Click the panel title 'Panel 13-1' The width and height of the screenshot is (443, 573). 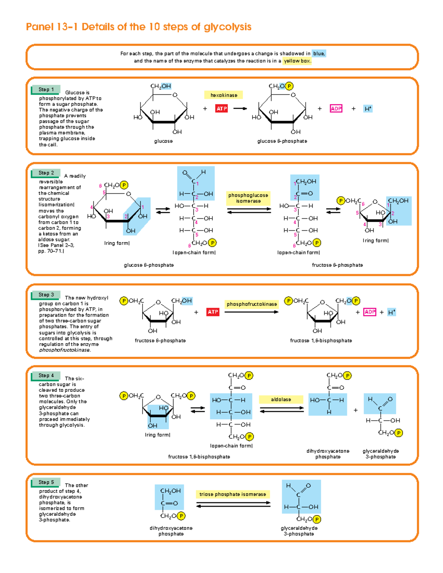click(52, 27)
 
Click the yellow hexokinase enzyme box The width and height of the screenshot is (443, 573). click(224, 95)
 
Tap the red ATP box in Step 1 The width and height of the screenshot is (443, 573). click(221, 108)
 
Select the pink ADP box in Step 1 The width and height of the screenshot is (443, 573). click(336, 108)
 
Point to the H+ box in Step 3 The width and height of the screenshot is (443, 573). click(391, 312)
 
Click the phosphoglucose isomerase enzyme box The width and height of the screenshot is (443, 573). click(248, 198)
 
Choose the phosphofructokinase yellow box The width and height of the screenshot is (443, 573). click(252, 304)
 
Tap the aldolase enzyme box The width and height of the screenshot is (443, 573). click(281, 400)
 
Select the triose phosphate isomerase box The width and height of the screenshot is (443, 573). click(233, 494)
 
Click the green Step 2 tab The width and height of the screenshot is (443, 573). click(46, 173)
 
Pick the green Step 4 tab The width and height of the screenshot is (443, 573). click(46, 376)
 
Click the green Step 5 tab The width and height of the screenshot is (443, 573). click(46, 482)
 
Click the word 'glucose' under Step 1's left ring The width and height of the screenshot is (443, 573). click(163, 141)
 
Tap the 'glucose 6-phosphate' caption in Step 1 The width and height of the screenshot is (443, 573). click(282, 141)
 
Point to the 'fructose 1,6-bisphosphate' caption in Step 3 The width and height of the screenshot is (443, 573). click(321, 341)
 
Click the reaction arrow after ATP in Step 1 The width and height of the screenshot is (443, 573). click(240, 108)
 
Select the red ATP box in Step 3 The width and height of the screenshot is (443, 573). click(213, 312)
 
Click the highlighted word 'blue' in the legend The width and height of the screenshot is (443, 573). click(319, 53)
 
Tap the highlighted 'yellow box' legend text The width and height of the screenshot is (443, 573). click(297, 61)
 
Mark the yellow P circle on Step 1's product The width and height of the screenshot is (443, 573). click(289, 86)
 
